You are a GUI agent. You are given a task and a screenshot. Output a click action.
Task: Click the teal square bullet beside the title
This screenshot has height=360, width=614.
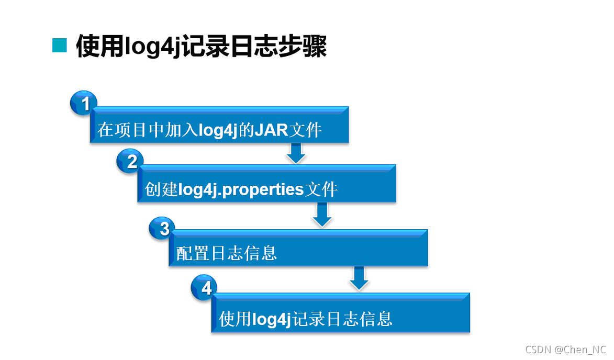60,46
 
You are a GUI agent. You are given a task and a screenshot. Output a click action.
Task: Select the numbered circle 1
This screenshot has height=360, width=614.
84,104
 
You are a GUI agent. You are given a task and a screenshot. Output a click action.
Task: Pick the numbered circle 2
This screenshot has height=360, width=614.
131,162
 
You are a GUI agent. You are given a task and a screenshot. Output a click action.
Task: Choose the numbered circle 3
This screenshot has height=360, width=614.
163,228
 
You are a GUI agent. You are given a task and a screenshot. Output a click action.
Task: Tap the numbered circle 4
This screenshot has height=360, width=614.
206,288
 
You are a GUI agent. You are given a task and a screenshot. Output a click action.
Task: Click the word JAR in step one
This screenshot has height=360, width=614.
271,129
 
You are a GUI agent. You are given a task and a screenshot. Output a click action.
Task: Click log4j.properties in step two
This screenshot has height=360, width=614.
241,189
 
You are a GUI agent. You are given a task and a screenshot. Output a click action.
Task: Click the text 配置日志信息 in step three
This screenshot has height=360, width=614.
227,253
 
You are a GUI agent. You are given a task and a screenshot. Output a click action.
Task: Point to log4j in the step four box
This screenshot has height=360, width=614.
271,319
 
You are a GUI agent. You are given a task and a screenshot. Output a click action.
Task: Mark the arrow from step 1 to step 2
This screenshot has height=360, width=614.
296,152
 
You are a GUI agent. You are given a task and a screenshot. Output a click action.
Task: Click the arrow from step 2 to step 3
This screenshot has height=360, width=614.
322,215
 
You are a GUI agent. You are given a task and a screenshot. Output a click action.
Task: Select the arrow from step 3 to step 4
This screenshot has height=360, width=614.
359,278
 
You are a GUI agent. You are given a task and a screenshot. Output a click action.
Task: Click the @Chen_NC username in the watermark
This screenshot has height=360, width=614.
580,349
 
